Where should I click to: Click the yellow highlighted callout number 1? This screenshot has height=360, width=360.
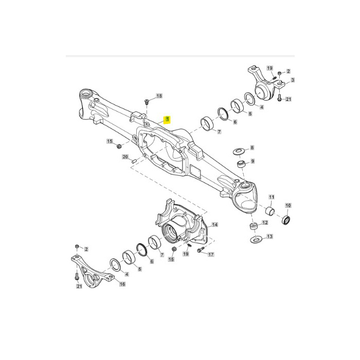click(167, 119)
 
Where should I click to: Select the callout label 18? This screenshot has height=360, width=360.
click(159, 96)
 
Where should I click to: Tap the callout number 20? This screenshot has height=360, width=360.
click(125, 157)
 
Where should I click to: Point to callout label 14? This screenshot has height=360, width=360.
click(214, 225)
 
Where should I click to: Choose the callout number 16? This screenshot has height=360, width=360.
click(122, 284)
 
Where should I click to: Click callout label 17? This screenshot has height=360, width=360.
click(211, 255)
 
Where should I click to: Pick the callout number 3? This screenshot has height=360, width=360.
click(293, 80)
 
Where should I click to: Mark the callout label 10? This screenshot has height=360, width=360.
click(288, 205)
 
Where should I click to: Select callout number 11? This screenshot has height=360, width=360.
click(272, 197)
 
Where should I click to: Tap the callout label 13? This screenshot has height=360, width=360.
click(269, 236)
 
